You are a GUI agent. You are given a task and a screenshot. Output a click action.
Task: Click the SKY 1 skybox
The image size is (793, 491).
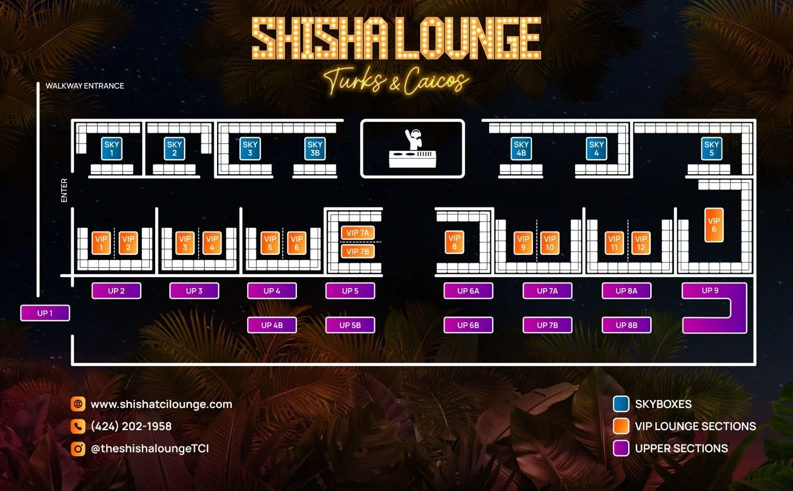click(112, 148)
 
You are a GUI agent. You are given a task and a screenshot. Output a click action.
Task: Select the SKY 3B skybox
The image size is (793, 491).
click(315, 148)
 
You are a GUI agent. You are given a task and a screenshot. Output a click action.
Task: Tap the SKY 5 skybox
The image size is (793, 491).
click(711, 148)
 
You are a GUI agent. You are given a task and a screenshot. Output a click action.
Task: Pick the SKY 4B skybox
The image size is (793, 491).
click(521, 148)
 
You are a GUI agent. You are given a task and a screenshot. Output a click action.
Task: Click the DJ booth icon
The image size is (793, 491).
click(412, 148)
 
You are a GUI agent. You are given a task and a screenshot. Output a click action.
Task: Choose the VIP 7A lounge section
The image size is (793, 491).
click(357, 233)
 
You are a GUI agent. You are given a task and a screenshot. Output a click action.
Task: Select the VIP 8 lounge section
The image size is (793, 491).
click(454, 242)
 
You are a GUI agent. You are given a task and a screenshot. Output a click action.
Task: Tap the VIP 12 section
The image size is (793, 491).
click(641, 243)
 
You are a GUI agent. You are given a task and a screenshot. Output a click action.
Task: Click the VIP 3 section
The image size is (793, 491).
click(185, 243)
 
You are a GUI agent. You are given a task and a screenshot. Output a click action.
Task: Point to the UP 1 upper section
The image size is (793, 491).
click(45, 313)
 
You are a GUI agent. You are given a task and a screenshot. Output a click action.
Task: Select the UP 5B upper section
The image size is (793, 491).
click(350, 325)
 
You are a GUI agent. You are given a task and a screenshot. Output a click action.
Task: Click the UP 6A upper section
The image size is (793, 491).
click(468, 291)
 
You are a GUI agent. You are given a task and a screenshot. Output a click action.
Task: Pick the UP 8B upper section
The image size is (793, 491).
click(626, 325)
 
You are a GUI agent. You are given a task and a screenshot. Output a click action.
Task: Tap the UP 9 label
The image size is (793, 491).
click(710, 291)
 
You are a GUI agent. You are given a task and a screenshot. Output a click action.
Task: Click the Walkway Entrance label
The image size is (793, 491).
click(85, 86)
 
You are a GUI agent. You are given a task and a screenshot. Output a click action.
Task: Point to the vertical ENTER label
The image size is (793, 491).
click(64, 190)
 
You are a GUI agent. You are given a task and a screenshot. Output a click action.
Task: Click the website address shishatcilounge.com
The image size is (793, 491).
click(161, 404)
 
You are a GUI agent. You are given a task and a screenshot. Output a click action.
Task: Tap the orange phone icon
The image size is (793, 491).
click(78, 426)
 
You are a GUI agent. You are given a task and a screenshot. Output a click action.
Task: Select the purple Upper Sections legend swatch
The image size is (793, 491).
click(621, 448)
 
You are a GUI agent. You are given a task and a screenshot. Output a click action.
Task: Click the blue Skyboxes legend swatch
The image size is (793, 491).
click(621, 404)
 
